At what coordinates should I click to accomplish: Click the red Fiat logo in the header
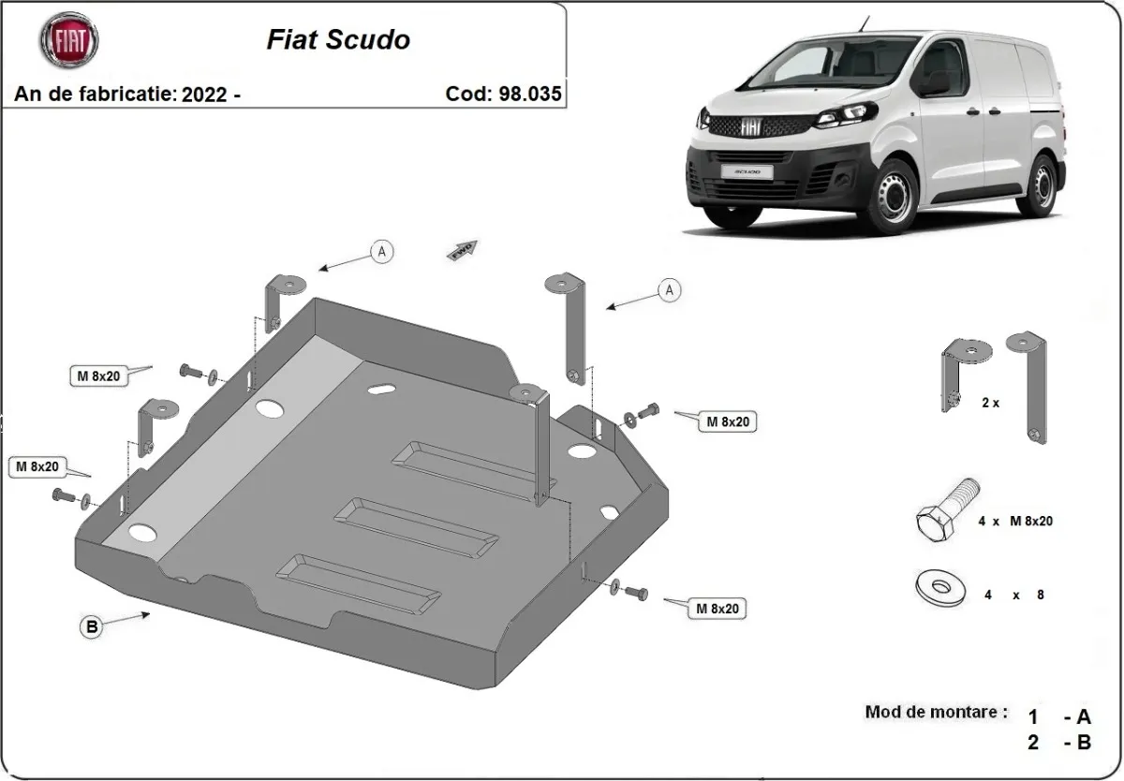pos(68,40)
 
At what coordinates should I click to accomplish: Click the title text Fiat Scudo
pos(338,40)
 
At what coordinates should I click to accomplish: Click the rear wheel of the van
pos(1040,185)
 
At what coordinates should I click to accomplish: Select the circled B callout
pos(92,627)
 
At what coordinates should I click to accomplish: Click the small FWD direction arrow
pos(464,250)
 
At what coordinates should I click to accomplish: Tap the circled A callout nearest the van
pos(669,291)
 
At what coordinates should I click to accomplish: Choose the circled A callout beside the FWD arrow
pos(380,251)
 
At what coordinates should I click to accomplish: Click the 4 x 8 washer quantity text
pos(1013,595)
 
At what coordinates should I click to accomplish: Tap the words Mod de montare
pos(936,712)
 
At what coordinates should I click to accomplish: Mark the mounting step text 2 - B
pos(1059,743)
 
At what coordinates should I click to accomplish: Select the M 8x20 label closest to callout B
pos(37,465)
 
